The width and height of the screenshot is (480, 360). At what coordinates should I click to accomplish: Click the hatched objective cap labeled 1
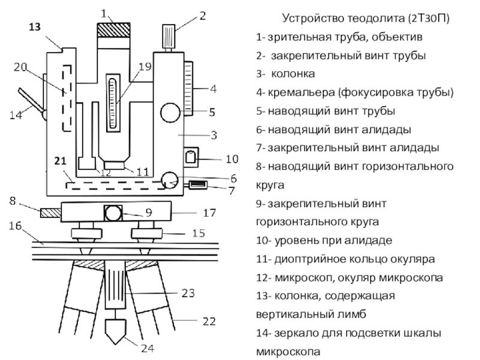(x=114, y=30)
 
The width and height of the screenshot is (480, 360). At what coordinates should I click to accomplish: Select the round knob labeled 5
(x=171, y=112)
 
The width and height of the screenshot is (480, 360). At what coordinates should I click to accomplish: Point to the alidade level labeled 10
(x=191, y=157)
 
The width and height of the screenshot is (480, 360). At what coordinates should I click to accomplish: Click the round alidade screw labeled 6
(x=170, y=179)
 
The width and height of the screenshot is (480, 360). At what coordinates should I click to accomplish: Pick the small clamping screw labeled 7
(x=197, y=186)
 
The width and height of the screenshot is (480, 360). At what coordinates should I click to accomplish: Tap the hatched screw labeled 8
(x=49, y=213)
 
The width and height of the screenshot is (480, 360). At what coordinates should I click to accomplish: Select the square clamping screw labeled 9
(x=112, y=213)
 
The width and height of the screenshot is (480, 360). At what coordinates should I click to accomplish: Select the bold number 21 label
(x=59, y=161)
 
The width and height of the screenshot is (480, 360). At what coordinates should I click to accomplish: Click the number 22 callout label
(x=208, y=322)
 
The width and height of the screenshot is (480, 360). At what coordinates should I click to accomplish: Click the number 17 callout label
(x=208, y=212)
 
